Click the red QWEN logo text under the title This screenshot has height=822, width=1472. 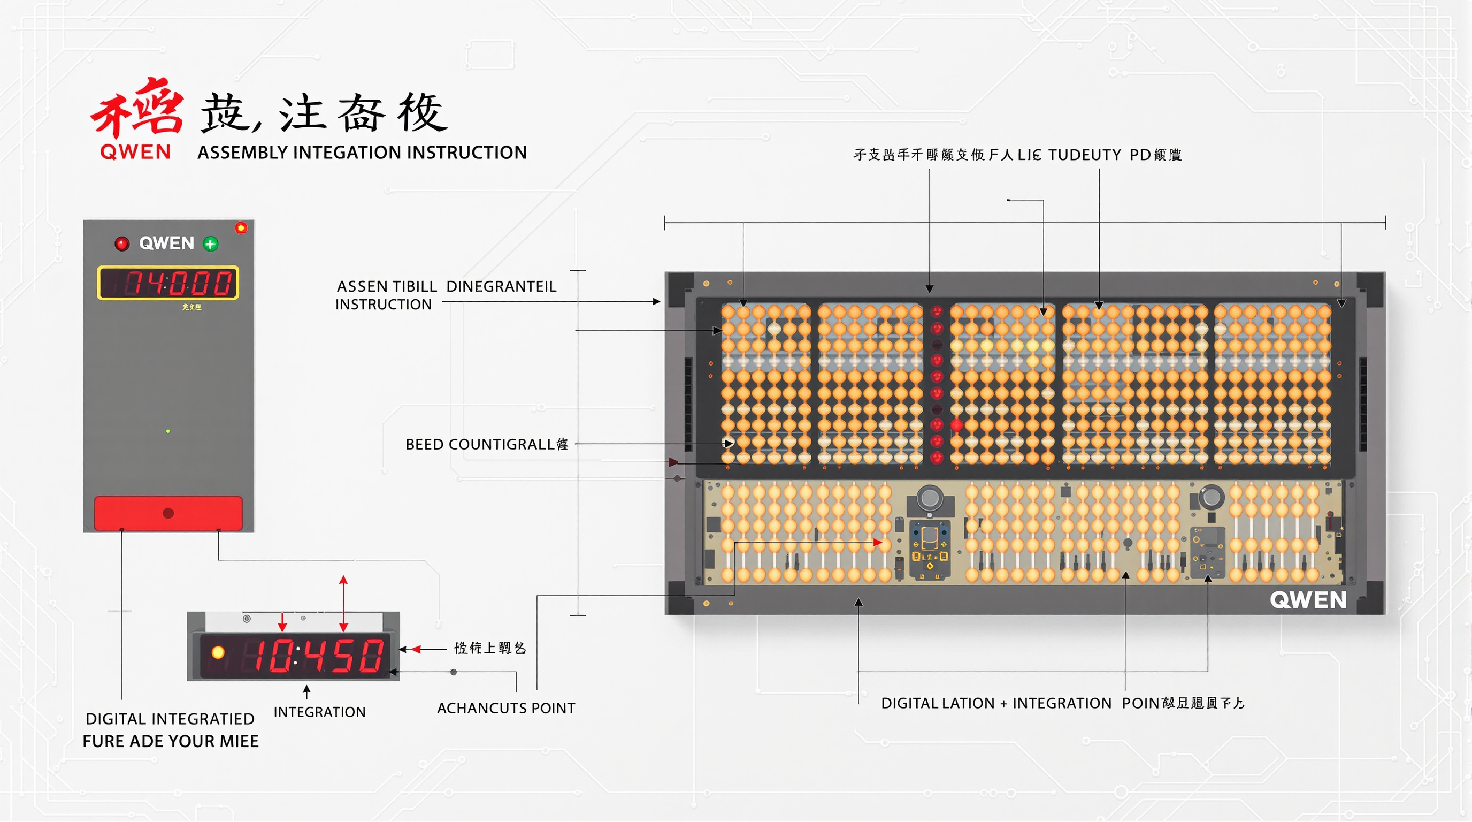(135, 152)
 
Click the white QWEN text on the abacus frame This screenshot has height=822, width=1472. (1307, 600)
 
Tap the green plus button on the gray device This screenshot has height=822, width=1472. (210, 244)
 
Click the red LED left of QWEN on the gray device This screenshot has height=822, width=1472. (122, 244)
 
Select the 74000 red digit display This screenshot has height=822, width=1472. (168, 283)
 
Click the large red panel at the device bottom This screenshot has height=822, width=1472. (168, 513)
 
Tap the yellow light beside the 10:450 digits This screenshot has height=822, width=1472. (218, 652)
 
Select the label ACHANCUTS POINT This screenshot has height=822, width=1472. (505, 708)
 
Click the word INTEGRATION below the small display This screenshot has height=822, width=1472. (319, 712)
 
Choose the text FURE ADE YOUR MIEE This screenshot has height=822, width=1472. (170, 741)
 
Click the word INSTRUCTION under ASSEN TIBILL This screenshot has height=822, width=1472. (383, 305)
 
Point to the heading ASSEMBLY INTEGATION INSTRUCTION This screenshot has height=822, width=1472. (362, 153)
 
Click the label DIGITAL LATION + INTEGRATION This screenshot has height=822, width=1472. (996, 704)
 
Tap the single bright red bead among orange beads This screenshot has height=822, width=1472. (956, 425)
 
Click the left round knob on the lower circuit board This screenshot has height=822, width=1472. (930, 497)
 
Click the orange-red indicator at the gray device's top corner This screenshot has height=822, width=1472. (241, 228)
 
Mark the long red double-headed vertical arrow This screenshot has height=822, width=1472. (343, 604)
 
